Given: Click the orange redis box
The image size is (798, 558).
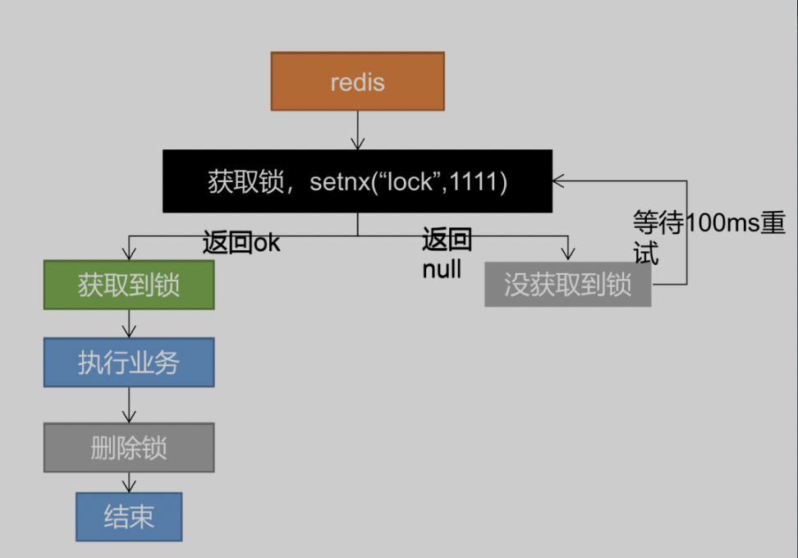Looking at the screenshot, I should click(357, 81).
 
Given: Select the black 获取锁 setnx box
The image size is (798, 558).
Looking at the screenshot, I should click(356, 181).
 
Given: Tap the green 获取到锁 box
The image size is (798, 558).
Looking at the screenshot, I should click(129, 285).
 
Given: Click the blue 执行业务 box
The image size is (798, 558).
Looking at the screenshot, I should click(129, 362).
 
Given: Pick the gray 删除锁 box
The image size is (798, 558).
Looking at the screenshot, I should click(129, 447).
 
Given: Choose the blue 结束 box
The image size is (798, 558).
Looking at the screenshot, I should click(129, 516).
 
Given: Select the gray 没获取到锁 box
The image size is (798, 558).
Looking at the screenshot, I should click(567, 285).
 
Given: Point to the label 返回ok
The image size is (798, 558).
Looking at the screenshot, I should click(241, 243).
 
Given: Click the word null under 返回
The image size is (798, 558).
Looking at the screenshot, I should click(442, 269).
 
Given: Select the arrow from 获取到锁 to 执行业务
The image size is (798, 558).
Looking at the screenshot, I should click(129, 323).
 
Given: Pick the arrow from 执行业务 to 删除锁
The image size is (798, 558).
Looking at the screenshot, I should click(129, 405).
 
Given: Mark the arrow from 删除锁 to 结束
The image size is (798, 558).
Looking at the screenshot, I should click(129, 482).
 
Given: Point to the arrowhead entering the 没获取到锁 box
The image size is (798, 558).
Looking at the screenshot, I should click(566, 254).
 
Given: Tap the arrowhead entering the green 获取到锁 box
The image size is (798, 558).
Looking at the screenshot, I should click(129, 254).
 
